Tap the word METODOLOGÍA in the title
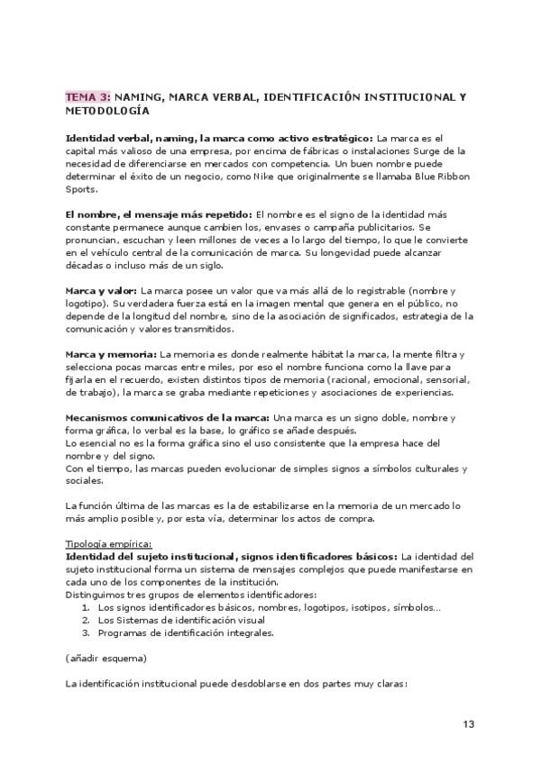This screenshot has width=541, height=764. point(108,111)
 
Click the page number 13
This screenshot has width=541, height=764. point(469,723)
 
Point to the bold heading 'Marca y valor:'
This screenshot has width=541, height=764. point(101,291)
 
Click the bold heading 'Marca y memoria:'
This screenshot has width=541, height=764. point(111,354)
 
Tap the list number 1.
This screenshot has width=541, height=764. point(85,607)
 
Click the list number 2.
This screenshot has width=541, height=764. point(85,620)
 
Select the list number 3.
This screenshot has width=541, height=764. point(85,632)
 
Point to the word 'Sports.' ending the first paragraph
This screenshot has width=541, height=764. point(84,190)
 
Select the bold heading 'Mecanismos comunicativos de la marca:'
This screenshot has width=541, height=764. point(167,418)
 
